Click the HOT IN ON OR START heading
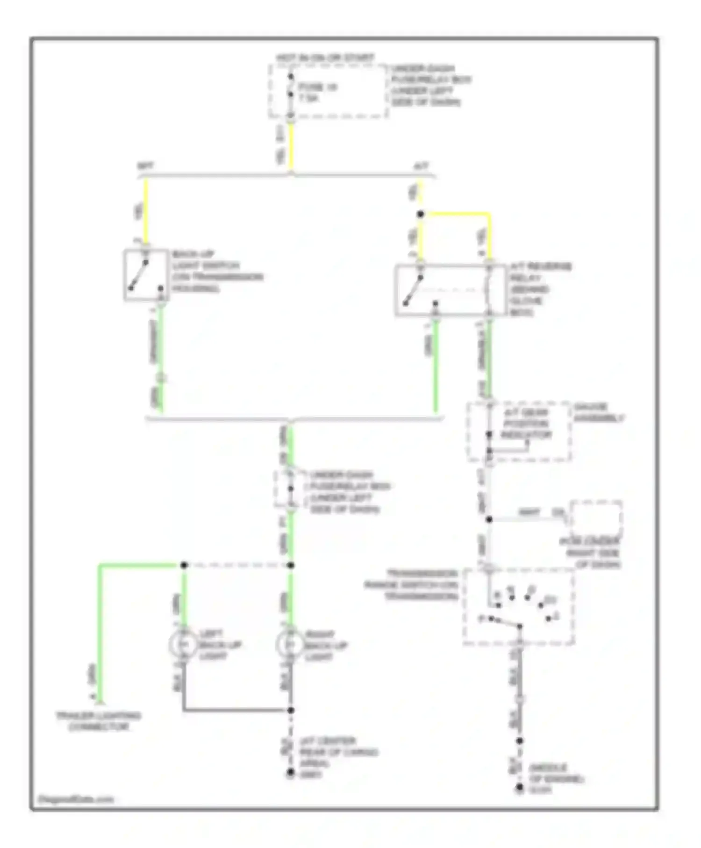[x=325, y=58]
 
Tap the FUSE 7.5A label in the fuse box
[x=317, y=93]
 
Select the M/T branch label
[x=145, y=166]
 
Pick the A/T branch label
[x=421, y=166]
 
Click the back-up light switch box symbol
[x=146, y=275]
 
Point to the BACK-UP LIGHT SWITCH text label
[x=217, y=272]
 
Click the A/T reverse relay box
[x=450, y=290]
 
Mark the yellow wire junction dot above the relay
[x=421, y=215]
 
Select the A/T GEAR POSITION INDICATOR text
[x=526, y=424]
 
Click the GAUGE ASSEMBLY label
[x=598, y=413]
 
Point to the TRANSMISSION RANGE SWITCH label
[x=411, y=585]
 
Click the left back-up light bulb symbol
[x=183, y=645]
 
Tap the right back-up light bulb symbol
[x=290, y=645]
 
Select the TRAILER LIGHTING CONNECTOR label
[x=98, y=721]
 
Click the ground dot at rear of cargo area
[x=290, y=773]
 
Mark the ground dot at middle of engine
[x=519, y=788]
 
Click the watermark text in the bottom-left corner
[x=76, y=799]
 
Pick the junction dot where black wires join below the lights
[x=290, y=710]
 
